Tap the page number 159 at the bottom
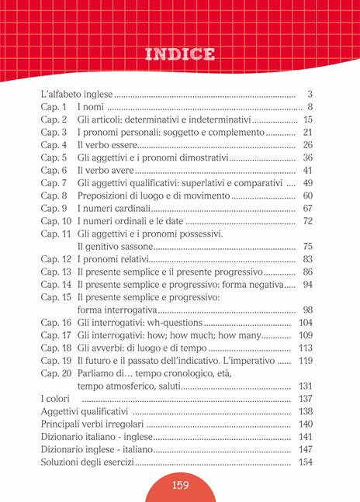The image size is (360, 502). tap(180, 486)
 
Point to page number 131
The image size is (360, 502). tap(304, 386)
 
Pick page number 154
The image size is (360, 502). tap(304, 462)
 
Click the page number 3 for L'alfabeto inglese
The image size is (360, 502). tap(309, 94)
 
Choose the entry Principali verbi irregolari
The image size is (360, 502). tap(92, 424)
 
